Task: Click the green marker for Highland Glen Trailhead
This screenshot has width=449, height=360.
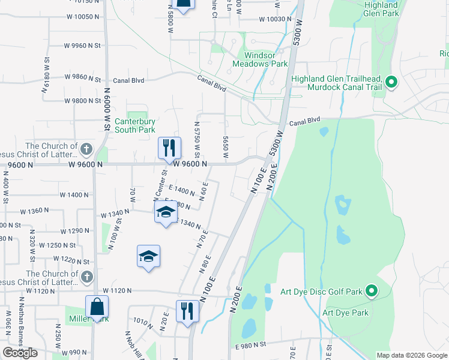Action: tap(392, 83)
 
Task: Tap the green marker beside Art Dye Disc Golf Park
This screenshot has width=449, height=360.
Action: tap(372, 292)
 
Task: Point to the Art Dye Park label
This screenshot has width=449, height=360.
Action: tap(345, 313)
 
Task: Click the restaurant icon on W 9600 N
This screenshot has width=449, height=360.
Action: tap(169, 148)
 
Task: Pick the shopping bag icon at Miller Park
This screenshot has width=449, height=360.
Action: tap(97, 307)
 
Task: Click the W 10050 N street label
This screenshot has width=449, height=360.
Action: tap(78, 17)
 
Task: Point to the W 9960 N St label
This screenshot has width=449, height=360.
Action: tap(83, 45)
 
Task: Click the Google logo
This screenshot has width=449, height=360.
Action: tap(20, 353)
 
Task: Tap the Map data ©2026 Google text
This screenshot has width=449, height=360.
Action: tap(412, 355)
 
